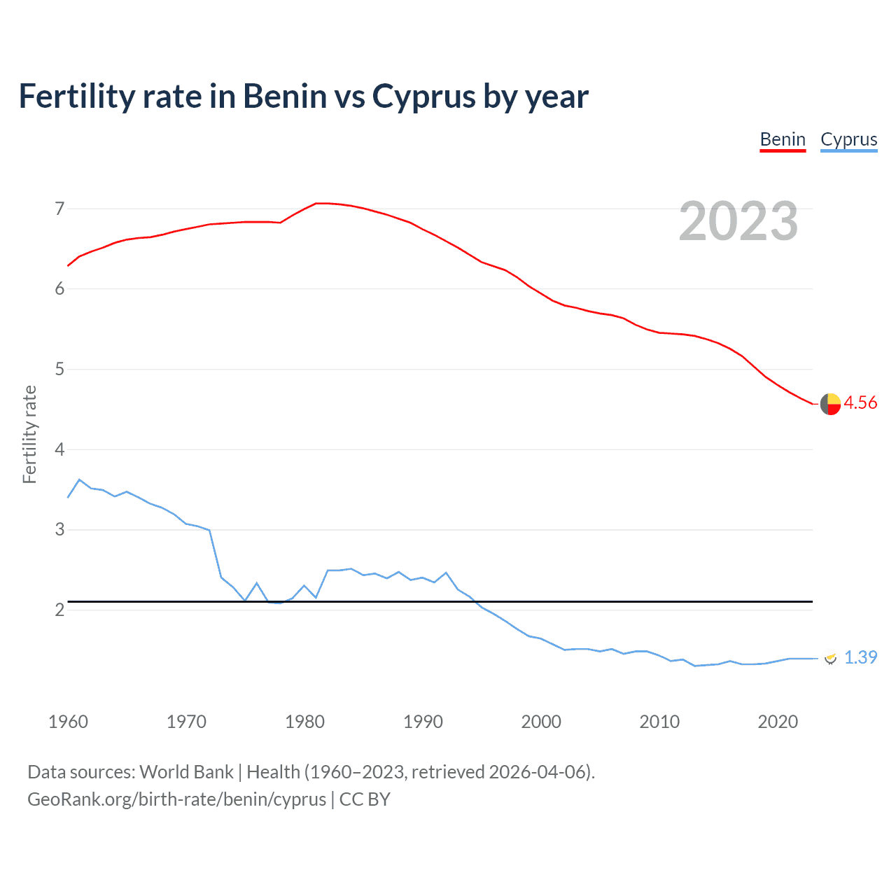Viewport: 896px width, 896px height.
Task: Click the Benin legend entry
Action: [x=783, y=139]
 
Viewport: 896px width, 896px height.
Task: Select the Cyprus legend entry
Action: [x=848, y=139]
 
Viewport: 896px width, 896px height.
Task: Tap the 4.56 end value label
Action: [x=860, y=402]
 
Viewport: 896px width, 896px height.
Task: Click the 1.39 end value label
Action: [x=860, y=657]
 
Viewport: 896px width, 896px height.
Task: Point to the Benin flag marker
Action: [x=830, y=404]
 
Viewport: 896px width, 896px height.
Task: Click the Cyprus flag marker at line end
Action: [x=831, y=658]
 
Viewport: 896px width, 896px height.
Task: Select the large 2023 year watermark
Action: [x=738, y=221]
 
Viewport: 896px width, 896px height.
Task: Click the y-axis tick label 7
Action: [x=59, y=209]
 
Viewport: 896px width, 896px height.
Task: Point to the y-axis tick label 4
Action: [x=59, y=449]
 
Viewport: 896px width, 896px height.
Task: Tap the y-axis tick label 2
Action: [x=59, y=610]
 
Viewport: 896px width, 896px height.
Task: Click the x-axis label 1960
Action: [x=68, y=722]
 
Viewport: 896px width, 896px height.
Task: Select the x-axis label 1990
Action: [x=423, y=722]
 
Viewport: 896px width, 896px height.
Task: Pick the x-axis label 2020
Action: [x=778, y=722]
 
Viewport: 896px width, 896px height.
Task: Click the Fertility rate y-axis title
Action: [x=29, y=434]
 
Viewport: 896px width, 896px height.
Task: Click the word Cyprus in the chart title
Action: [x=423, y=97]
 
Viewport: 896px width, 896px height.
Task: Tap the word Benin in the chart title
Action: [x=284, y=97]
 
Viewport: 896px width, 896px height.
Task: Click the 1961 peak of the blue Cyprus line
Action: [x=79, y=479]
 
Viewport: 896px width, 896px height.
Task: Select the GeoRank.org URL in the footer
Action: [x=176, y=799]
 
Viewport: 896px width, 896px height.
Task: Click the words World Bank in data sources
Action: [x=186, y=772]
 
